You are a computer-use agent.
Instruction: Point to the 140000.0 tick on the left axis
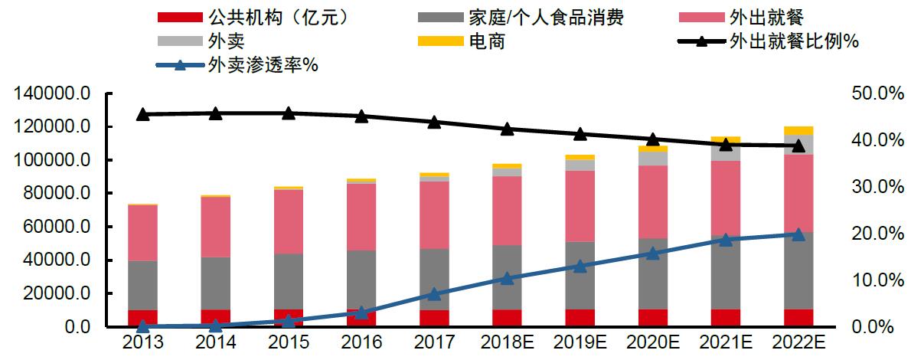(x=51, y=93)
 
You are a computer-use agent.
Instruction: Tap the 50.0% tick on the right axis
(x=872, y=93)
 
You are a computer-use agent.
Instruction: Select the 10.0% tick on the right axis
(x=872, y=280)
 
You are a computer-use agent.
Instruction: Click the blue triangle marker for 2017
(x=434, y=294)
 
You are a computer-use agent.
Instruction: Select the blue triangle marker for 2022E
(x=798, y=234)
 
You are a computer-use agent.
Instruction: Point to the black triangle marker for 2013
(x=142, y=115)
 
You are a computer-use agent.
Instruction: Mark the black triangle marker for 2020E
(x=653, y=139)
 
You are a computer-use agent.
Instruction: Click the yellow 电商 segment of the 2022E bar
(x=798, y=130)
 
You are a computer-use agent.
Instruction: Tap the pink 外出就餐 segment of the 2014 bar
(x=215, y=227)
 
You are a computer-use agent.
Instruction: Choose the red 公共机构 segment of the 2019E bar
(x=580, y=318)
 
